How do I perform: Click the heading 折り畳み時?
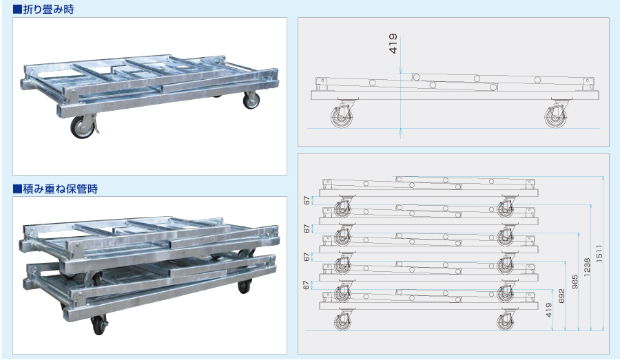pyautogui.click(x=48, y=9)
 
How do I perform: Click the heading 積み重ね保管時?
pyautogui.click(x=60, y=189)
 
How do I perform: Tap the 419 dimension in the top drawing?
pyautogui.click(x=393, y=43)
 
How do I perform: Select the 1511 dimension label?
pyautogui.click(x=599, y=253)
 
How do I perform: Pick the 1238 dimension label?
pyautogui.click(x=587, y=267)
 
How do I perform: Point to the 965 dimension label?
pyautogui.click(x=575, y=282)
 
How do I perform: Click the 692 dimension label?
pyautogui.click(x=561, y=297)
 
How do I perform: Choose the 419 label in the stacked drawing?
pyautogui.click(x=548, y=310)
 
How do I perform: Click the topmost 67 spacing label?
pyautogui.click(x=307, y=201)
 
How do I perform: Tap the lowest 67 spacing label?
pyautogui.click(x=307, y=285)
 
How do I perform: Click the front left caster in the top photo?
pyautogui.click(x=84, y=126)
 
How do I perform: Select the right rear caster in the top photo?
pyautogui.click(x=251, y=100)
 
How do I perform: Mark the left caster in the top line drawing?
pyautogui.click(x=342, y=114)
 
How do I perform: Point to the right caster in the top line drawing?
pyautogui.click(x=556, y=114)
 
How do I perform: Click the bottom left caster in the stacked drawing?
pyautogui.click(x=342, y=319)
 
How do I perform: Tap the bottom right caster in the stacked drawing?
pyautogui.click(x=506, y=319)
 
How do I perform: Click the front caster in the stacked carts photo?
pyautogui.click(x=99, y=325)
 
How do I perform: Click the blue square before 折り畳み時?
pyautogui.click(x=17, y=10)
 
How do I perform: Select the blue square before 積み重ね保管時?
pyautogui.click(x=17, y=189)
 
